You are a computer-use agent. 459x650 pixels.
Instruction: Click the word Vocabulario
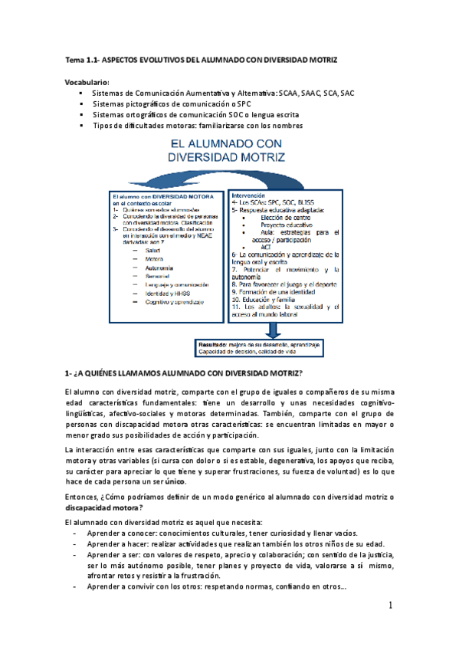coord(87,82)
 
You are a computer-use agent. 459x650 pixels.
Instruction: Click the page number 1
coord(389,606)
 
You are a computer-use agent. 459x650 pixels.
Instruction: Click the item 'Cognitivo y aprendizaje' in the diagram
coord(174,302)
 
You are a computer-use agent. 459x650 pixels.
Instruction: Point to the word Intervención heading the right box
coord(248,195)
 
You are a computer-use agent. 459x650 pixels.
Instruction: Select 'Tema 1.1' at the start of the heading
coord(80,59)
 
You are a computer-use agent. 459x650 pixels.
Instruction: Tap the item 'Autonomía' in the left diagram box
coord(159,268)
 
